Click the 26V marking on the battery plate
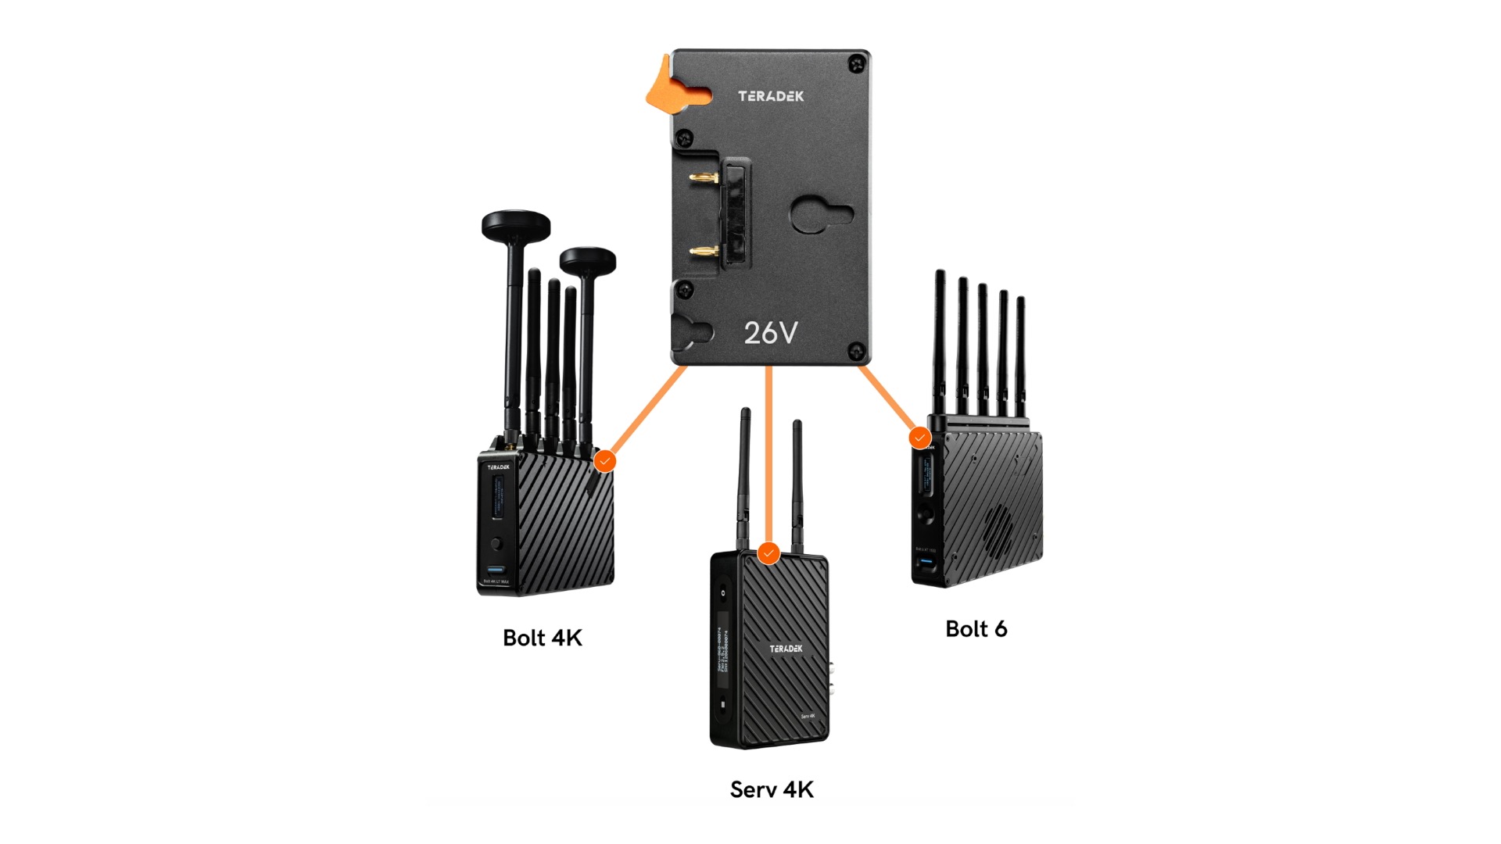coord(771,333)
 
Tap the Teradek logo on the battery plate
coord(771,96)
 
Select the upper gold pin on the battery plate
coord(704,178)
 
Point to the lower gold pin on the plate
coord(704,252)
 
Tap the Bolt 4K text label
coord(543,638)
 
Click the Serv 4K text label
coord(772,789)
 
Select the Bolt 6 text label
coord(976,629)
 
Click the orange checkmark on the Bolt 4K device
coord(604,461)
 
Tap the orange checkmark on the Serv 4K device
coord(769,553)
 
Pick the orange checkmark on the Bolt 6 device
coord(920,438)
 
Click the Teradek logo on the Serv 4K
coord(786,649)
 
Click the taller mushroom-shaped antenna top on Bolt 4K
coord(516,225)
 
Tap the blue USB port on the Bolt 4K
coord(496,570)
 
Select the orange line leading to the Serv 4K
coord(769,453)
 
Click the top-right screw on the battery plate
coord(858,63)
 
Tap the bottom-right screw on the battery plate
coord(858,351)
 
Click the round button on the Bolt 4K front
coord(496,543)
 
